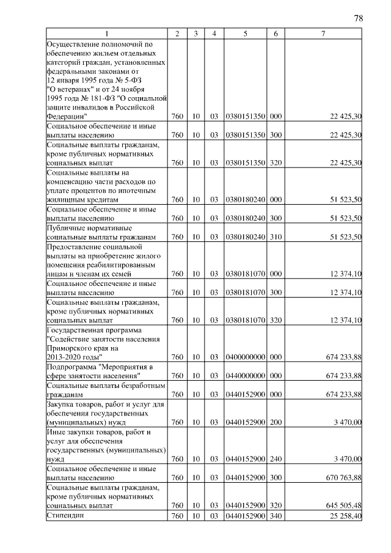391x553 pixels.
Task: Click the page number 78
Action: click(359, 18)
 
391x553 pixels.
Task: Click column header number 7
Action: click(323, 34)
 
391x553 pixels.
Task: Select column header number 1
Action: click(107, 34)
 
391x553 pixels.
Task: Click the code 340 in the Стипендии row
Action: click(276, 517)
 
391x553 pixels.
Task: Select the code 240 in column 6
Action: click(276, 459)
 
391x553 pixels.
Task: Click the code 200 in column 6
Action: click(276, 422)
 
